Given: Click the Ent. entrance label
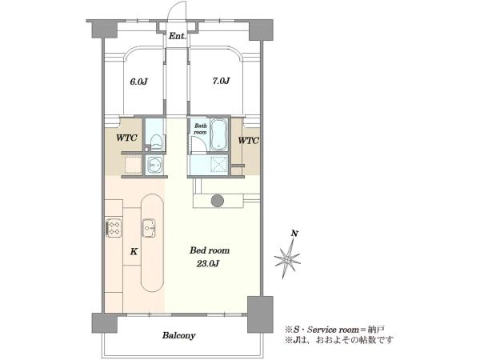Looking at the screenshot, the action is (x=178, y=36).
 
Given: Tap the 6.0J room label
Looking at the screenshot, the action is (x=139, y=82).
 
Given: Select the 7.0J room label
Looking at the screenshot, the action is (x=221, y=81).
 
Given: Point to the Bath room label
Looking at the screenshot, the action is (x=201, y=129).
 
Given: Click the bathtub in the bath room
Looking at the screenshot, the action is (x=218, y=135).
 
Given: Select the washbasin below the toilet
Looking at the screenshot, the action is (x=155, y=165).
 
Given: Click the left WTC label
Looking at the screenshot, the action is (x=126, y=138).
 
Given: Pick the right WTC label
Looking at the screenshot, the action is (x=248, y=141).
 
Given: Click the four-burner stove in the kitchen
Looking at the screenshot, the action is (x=114, y=228).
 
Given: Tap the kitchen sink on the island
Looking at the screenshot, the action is (x=149, y=228).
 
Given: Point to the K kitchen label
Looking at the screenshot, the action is (x=134, y=252).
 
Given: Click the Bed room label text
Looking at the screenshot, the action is (x=210, y=250).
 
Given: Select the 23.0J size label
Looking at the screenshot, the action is (x=207, y=263).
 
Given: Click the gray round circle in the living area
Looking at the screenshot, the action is (x=218, y=201).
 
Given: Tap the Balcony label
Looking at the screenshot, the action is (x=178, y=335).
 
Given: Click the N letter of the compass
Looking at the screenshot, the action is (x=294, y=234).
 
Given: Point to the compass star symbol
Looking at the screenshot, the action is (x=287, y=258).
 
